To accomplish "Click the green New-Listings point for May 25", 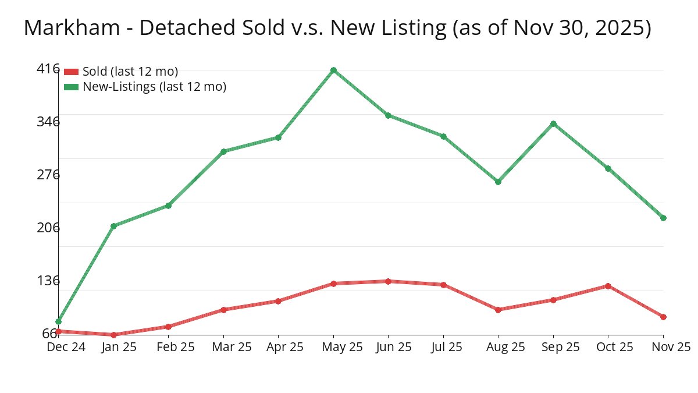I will click(333, 70).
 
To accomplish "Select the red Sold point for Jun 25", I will click(388, 281).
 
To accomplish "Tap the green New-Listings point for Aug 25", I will click(498, 182).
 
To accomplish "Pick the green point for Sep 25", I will click(553, 123).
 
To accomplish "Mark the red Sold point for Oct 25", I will click(608, 286).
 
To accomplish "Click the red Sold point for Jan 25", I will click(113, 335).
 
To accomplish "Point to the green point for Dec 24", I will click(58, 321).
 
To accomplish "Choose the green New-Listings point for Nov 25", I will click(663, 218).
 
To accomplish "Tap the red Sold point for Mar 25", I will click(223, 310).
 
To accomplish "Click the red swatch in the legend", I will click(71, 72).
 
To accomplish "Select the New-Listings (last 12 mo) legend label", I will click(154, 87).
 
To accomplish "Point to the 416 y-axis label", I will click(48, 69).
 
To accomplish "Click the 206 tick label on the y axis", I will click(48, 228).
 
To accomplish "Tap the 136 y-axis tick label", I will click(48, 281).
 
